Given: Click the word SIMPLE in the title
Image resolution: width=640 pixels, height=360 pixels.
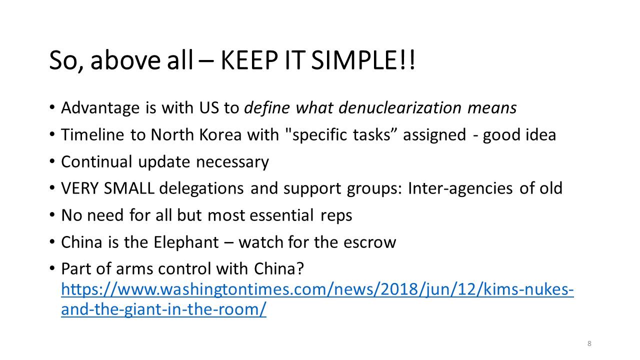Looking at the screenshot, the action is click(x=362, y=60).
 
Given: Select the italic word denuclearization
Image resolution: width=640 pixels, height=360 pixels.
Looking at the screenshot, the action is click(x=400, y=107).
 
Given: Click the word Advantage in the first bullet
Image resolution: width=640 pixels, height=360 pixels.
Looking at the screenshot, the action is click(x=100, y=108).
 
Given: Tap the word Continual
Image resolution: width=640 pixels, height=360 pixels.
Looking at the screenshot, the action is click(x=96, y=161).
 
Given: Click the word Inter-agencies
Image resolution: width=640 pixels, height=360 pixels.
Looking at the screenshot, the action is click(x=460, y=189).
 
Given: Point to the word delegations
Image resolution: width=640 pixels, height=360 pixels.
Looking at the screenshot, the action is click(x=201, y=189).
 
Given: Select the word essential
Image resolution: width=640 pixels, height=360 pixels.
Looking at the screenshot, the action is click(x=281, y=215).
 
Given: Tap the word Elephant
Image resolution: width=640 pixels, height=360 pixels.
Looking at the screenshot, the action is click(x=186, y=242).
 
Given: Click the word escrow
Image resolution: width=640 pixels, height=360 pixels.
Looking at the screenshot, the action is click(x=369, y=243).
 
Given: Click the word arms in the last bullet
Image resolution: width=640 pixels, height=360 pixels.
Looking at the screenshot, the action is click(x=133, y=269).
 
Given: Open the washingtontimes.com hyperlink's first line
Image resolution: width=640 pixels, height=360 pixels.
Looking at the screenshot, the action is click(x=317, y=289).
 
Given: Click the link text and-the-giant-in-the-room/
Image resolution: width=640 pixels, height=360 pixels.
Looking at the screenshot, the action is click(x=163, y=309).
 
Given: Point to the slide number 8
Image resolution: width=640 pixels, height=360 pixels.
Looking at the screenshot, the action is click(x=589, y=343).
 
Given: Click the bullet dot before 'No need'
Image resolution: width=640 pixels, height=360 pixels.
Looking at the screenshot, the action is click(x=52, y=215).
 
